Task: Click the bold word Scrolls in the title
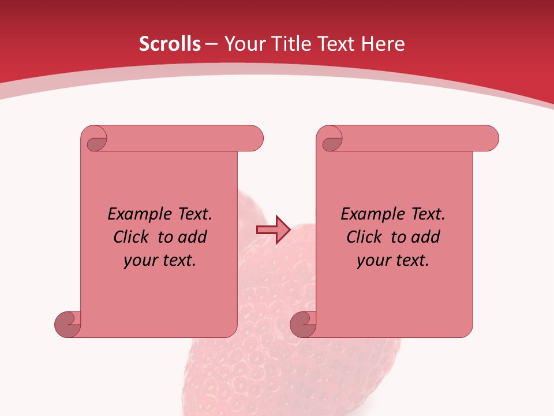tap(170, 44)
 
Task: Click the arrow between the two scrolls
tap(273, 230)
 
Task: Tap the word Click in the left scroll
tap(133, 237)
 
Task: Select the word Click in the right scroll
tap(366, 237)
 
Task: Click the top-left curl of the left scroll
tap(95, 139)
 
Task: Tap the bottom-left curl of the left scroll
tap(68, 324)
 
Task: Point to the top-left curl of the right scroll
tap(331, 139)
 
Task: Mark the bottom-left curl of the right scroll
tap(303, 324)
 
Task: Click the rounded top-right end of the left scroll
tap(254, 139)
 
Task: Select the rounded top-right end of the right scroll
tap(489, 139)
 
